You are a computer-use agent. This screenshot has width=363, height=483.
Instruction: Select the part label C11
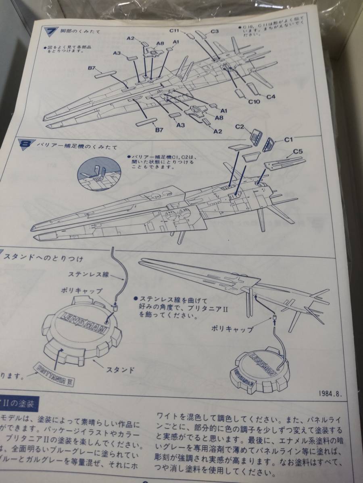(175, 30)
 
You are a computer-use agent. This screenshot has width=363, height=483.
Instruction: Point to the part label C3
(214, 31)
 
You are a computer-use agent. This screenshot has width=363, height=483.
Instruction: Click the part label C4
(271, 97)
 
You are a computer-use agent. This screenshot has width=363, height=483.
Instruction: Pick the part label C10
(254, 102)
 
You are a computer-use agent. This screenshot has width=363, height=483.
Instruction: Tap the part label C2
(240, 126)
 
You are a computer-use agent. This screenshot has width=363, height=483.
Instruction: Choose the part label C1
(288, 140)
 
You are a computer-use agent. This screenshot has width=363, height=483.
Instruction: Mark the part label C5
(298, 152)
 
